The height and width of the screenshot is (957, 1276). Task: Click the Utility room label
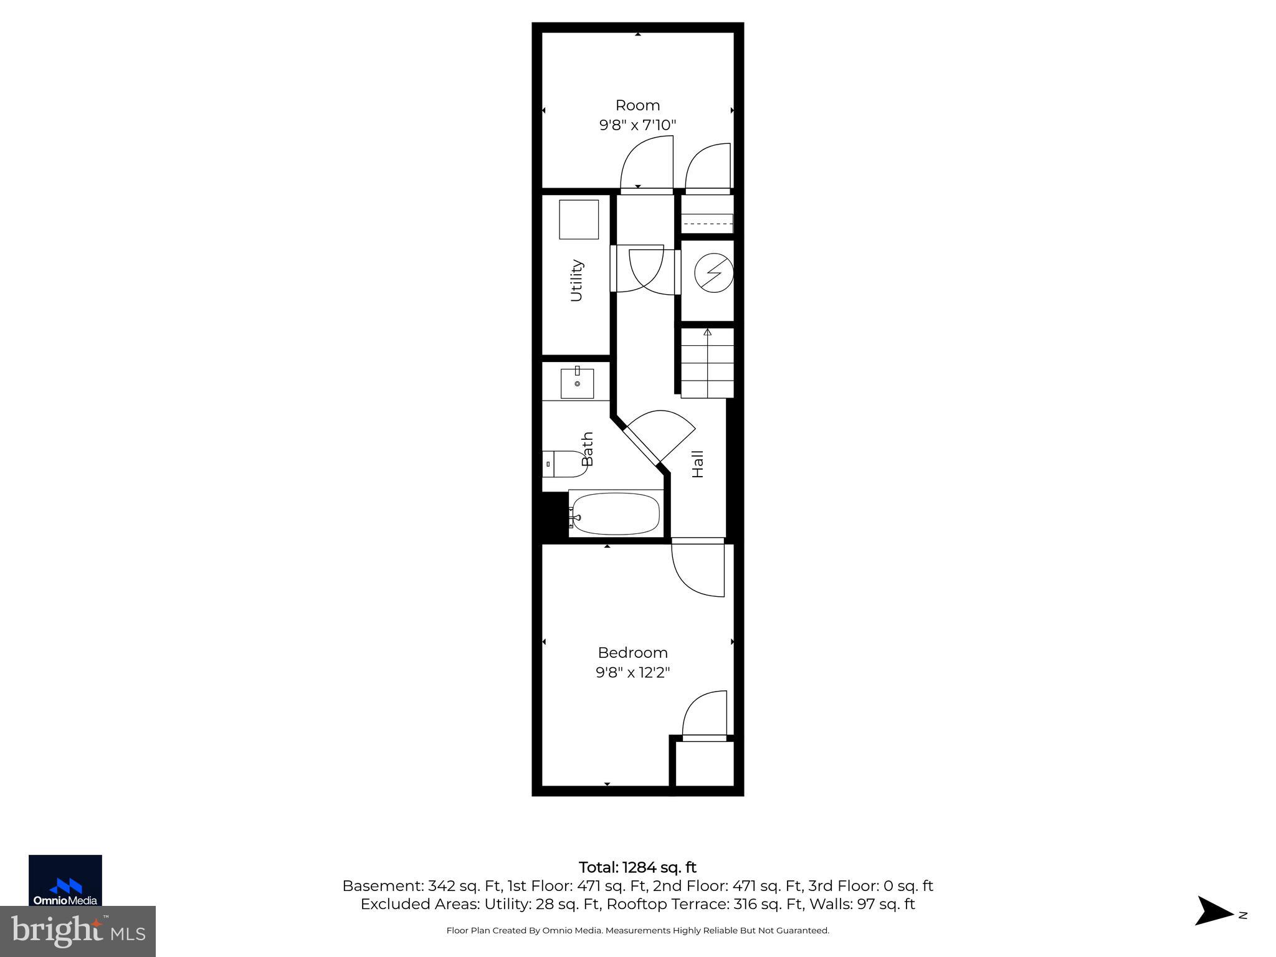click(x=577, y=280)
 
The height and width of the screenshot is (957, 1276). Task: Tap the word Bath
click(x=587, y=449)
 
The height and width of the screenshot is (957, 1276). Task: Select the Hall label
click(x=698, y=464)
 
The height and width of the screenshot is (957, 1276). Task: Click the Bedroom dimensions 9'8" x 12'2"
click(x=632, y=673)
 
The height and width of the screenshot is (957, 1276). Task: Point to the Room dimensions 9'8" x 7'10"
click(x=637, y=125)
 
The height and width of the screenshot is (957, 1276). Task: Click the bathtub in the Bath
click(x=615, y=514)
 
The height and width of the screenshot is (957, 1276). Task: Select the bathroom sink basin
click(x=577, y=383)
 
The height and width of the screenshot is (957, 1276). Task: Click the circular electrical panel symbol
click(x=713, y=272)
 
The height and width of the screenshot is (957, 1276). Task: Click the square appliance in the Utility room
click(x=579, y=219)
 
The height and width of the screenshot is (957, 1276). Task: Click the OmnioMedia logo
click(x=65, y=880)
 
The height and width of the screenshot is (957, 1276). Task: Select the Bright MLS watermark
click(x=78, y=931)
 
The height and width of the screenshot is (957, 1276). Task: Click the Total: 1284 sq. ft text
click(x=637, y=867)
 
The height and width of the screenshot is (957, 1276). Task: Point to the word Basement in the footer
click(x=382, y=886)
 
